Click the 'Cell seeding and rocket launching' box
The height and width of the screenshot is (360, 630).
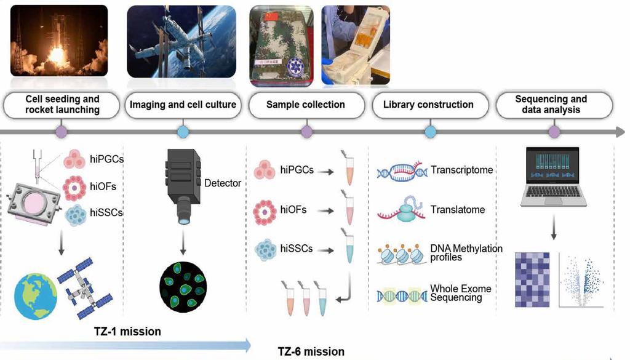[x=62, y=105]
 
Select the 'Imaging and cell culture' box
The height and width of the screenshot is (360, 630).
[x=183, y=105]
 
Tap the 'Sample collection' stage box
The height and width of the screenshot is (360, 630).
[x=306, y=105]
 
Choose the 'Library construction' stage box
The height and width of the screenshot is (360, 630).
[x=429, y=105]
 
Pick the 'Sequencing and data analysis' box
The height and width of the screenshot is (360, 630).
[x=554, y=105]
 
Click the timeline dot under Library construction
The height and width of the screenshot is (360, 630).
[x=430, y=132]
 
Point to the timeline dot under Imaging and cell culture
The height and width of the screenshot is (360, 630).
[x=183, y=132]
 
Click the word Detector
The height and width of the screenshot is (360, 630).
[x=223, y=183]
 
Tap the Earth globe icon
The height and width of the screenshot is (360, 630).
[x=35, y=297]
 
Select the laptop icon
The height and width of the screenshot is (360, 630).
[x=553, y=177]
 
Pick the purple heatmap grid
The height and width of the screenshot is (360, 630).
[x=532, y=280]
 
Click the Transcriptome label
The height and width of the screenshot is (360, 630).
[x=461, y=170]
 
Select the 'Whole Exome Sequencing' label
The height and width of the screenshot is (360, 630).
[x=460, y=293]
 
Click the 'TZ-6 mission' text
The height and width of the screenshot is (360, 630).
[x=311, y=351]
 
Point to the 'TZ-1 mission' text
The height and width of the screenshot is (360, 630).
[x=127, y=332]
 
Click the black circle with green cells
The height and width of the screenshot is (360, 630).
[x=183, y=287]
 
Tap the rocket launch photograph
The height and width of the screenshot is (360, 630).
[x=59, y=41]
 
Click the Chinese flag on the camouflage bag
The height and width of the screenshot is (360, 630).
[x=272, y=15]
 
